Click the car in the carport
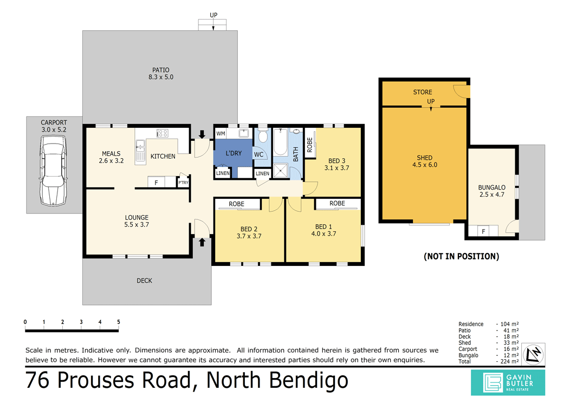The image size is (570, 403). pyautogui.click(x=53, y=170)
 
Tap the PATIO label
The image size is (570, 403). pyautogui.click(x=160, y=70)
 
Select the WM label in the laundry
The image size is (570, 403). pyautogui.click(x=221, y=133)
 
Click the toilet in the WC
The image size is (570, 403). pyautogui.click(x=263, y=135)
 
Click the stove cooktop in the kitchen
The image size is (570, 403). pyautogui.click(x=163, y=133)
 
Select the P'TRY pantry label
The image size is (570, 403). pyautogui.click(x=183, y=183)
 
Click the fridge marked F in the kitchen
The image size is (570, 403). pyautogui.click(x=156, y=183)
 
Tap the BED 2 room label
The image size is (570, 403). pyautogui.click(x=249, y=228)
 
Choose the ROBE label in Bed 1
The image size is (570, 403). pyautogui.click(x=337, y=204)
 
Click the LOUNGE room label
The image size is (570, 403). pyautogui.click(x=136, y=218)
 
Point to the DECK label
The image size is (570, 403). pyautogui.click(x=144, y=281)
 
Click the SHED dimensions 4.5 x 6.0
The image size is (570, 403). pyautogui.click(x=425, y=165)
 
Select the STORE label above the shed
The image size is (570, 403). pyautogui.click(x=423, y=92)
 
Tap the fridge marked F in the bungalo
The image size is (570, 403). pyautogui.click(x=483, y=231)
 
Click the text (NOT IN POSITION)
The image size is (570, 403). pyautogui.click(x=461, y=256)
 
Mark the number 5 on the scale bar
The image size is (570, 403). pyautogui.click(x=118, y=322)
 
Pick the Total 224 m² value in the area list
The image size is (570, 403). pyautogui.click(x=508, y=361)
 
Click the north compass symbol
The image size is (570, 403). pyautogui.click(x=534, y=354)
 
